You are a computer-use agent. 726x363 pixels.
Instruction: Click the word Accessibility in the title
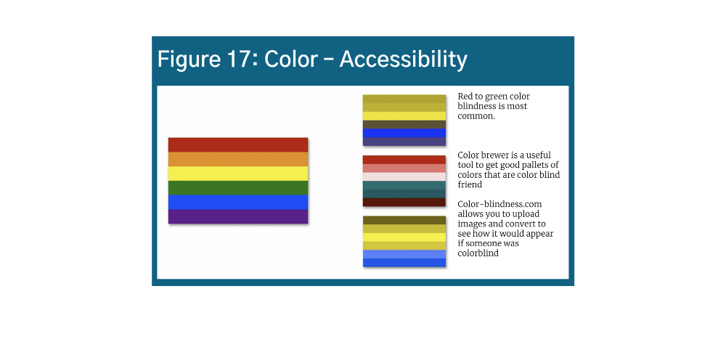pos(403,60)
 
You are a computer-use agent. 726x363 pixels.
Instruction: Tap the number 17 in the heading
pos(232,60)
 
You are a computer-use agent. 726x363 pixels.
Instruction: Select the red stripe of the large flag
pos(238,144)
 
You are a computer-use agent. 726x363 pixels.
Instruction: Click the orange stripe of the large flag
pos(238,159)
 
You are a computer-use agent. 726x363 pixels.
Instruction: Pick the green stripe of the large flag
pos(238,187)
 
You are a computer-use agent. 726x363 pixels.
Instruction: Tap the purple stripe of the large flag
pos(238,216)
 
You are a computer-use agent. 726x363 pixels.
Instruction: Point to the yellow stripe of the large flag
pos(238,174)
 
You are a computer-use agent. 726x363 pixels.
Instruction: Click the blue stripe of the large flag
pos(238,202)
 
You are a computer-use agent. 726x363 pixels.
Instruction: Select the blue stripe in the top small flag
pos(404,133)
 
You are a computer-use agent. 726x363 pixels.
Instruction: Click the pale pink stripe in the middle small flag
pos(404,176)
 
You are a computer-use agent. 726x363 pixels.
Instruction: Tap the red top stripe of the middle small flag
pos(404,160)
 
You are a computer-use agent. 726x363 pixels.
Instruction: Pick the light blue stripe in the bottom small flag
pos(404,254)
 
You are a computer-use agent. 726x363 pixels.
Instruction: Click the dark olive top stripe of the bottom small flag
pos(404,220)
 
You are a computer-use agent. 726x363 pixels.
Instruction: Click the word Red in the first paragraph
pos(465,97)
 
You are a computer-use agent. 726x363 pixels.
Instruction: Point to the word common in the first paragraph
pos(476,115)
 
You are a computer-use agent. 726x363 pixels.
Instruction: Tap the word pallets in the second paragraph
pos(534,165)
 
